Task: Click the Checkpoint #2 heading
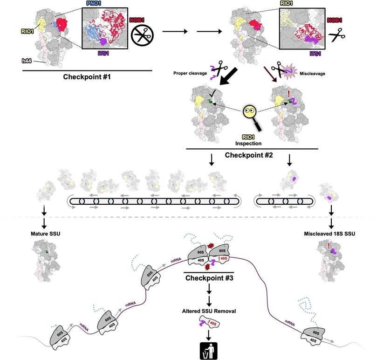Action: pyautogui.click(x=252, y=154)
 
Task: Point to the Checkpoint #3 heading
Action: pyautogui.click(x=208, y=279)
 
